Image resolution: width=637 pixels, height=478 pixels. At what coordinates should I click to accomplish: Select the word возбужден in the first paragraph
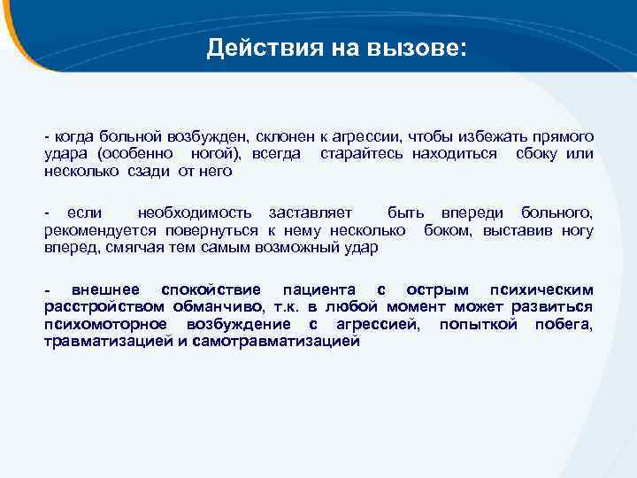click(x=207, y=137)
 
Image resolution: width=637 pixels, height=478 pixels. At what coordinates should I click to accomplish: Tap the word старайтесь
click(x=362, y=154)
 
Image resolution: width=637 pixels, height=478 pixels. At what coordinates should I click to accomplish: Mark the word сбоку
click(x=534, y=154)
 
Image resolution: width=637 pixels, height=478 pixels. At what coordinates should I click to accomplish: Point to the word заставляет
click(x=311, y=213)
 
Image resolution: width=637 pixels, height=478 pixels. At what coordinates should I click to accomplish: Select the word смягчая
click(x=132, y=247)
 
